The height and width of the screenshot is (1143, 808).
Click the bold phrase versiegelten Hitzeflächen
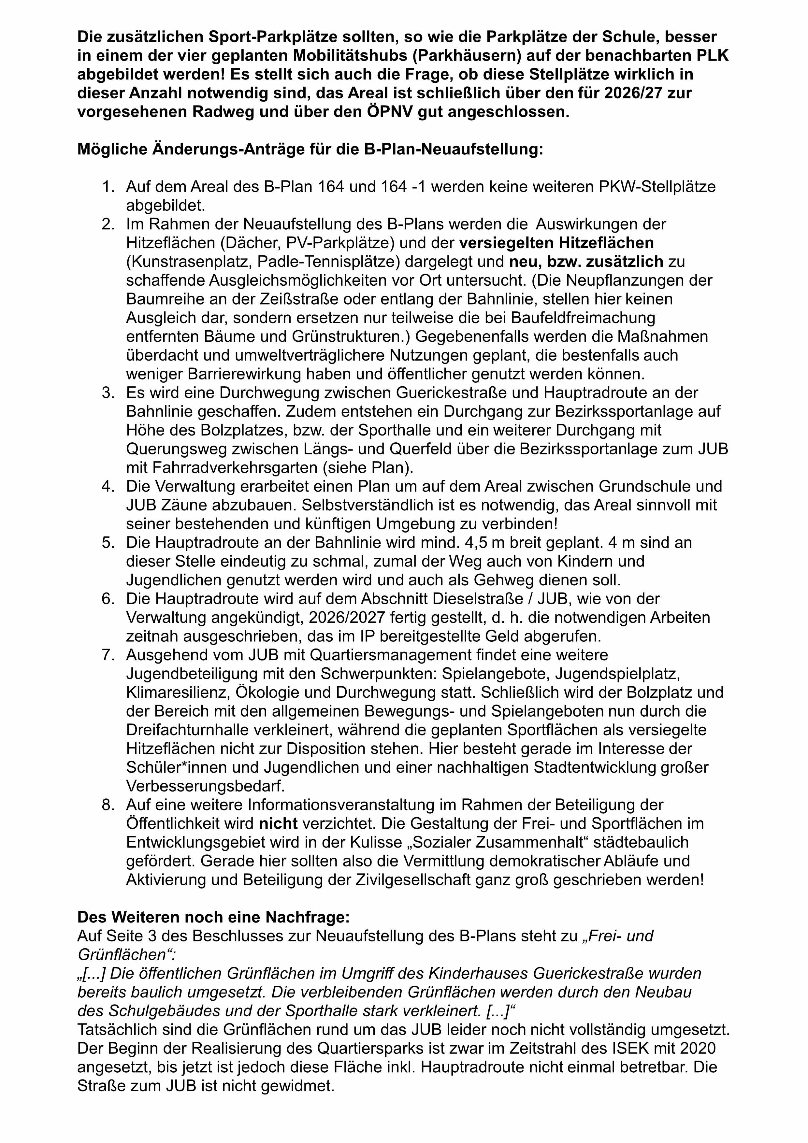tap(556, 243)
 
